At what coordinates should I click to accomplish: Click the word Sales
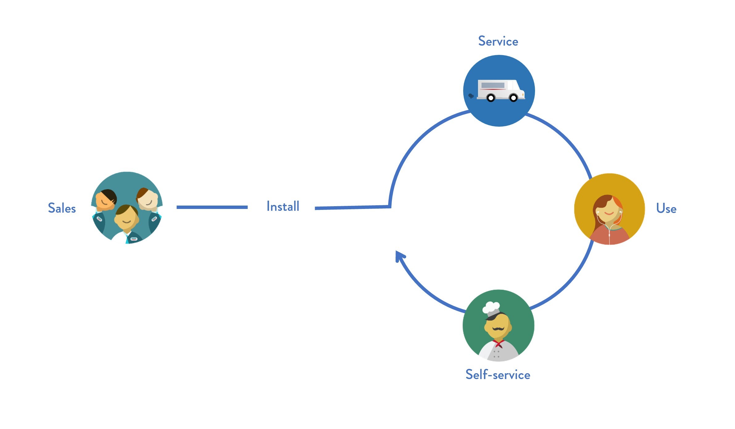click(x=62, y=208)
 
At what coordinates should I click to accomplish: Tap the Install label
click(x=283, y=206)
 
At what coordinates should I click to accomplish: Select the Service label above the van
click(x=498, y=41)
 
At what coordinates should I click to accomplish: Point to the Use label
click(x=666, y=209)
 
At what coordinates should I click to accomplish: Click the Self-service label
click(x=498, y=375)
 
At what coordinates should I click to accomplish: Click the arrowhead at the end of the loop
click(x=400, y=256)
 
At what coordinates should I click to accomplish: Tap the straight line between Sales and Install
click(x=212, y=207)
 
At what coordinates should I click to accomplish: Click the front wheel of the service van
click(x=513, y=98)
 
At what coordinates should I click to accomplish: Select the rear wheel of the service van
click(x=491, y=98)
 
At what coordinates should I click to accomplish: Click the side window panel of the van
click(x=493, y=85)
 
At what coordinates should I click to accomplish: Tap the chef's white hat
click(x=491, y=307)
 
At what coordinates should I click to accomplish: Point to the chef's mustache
click(x=498, y=329)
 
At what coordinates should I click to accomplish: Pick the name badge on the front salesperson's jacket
click(x=134, y=239)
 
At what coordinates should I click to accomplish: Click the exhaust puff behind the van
click(x=471, y=96)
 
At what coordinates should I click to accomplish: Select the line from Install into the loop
click(x=352, y=208)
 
